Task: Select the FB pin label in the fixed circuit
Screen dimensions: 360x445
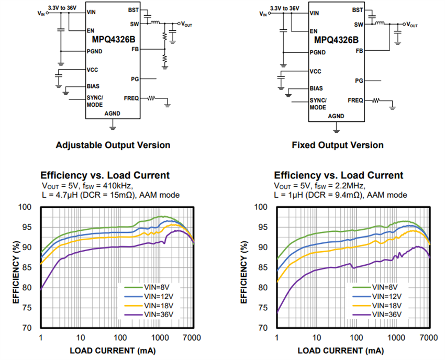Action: (x=359, y=51)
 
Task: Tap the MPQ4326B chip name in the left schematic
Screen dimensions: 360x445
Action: (x=113, y=39)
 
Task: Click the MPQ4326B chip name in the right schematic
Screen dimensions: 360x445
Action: (x=336, y=39)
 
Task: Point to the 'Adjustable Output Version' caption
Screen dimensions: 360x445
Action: (x=113, y=145)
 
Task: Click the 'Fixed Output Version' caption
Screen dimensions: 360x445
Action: (x=338, y=145)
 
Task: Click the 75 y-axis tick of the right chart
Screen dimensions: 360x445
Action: (x=262, y=308)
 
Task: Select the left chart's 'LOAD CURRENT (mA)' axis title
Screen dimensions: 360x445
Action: (x=113, y=351)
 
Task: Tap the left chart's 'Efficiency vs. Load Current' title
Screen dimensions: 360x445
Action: (x=105, y=175)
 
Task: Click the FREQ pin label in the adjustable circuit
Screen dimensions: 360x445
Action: (x=131, y=98)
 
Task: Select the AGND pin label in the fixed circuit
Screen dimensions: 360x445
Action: (x=336, y=116)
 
